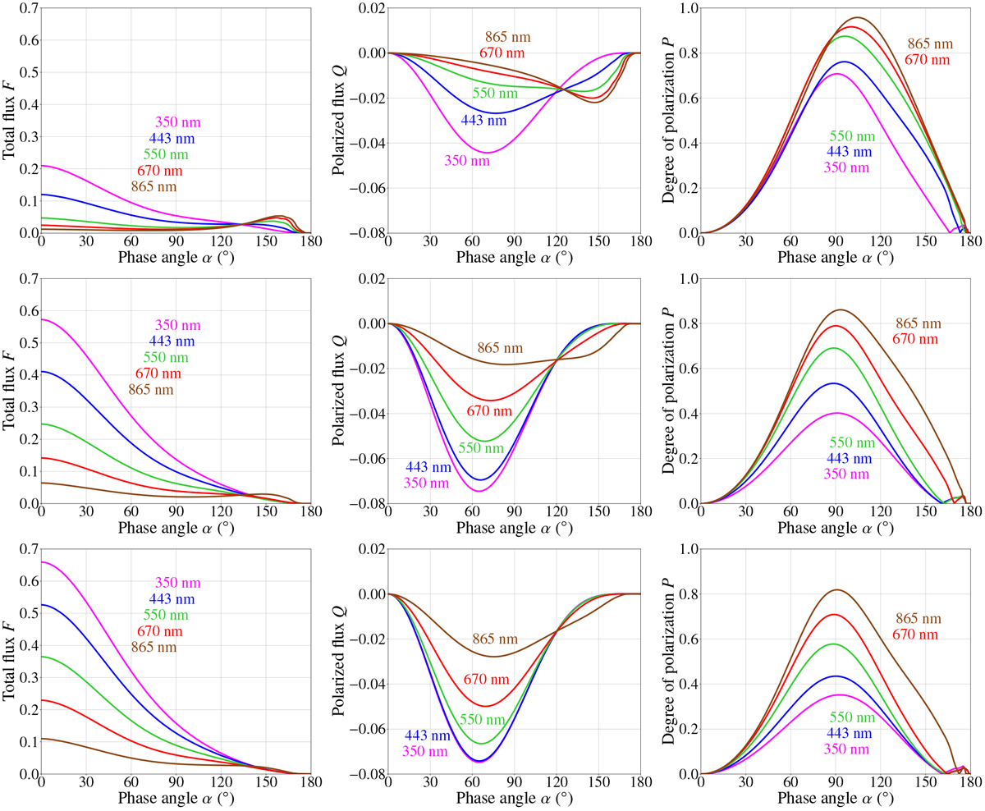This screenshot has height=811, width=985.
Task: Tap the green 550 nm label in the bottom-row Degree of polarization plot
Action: [x=852, y=718]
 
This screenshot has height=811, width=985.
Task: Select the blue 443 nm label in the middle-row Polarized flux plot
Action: [x=428, y=468]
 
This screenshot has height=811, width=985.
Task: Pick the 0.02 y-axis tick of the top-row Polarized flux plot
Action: [x=370, y=8]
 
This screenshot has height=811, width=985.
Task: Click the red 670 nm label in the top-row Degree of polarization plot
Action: [x=928, y=60]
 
